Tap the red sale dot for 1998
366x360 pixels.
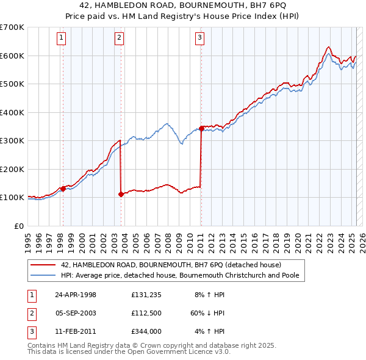pyautogui.click(x=63, y=189)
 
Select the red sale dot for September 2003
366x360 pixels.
pyautogui.click(x=121, y=194)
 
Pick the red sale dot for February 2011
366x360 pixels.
pyautogui.click(x=201, y=128)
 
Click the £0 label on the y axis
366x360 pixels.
pyautogui.click(x=20, y=226)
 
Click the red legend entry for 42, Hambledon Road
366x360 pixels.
pyautogui.click(x=170, y=265)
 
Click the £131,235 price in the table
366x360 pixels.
pyautogui.click(x=145, y=294)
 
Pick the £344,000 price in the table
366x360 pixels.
pyautogui.click(x=145, y=332)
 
